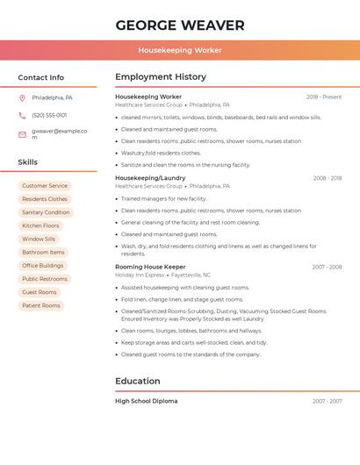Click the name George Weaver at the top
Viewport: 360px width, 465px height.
pyautogui.click(x=180, y=25)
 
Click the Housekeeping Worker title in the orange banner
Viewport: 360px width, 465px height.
pyautogui.click(x=180, y=51)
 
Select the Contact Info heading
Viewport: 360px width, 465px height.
pyautogui.click(x=40, y=77)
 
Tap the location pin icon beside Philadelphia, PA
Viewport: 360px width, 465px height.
pyautogui.click(x=22, y=97)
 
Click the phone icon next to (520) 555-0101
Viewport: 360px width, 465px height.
pyautogui.click(x=22, y=115)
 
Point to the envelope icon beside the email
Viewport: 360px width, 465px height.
pyautogui.click(x=22, y=134)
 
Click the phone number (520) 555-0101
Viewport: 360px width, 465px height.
pyautogui.click(x=49, y=115)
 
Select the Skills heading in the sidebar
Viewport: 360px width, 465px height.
pyautogui.click(x=27, y=162)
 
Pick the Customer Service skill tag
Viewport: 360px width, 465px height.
pyautogui.click(x=45, y=186)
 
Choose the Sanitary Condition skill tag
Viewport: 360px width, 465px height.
pyautogui.click(x=46, y=212)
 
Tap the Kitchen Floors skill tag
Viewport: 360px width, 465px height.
pyautogui.click(x=40, y=225)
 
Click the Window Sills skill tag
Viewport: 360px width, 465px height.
pyautogui.click(x=39, y=239)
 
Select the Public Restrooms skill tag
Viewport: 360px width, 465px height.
pyautogui.click(x=45, y=279)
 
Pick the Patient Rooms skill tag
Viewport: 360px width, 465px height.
pyautogui.click(x=41, y=305)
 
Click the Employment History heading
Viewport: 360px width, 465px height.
pyautogui.click(x=161, y=77)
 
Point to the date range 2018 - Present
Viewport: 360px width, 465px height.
pyautogui.click(x=324, y=97)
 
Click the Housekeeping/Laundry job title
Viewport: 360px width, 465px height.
pyautogui.click(x=150, y=178)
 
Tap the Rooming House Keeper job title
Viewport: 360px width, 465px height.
pyautogui.click(x=150, y=267)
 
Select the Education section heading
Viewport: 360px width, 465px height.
pyautogui.click(x=138, y=381)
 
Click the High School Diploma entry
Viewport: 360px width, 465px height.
pyautogui.click(x=146, y=401)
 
